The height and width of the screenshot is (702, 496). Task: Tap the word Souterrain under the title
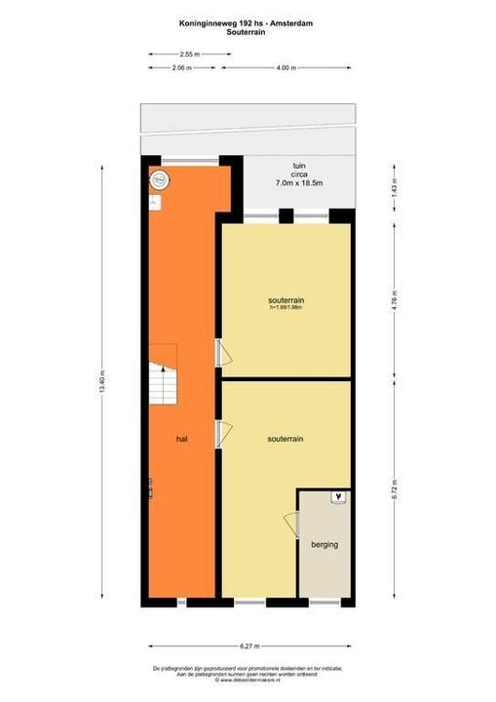[248, 31]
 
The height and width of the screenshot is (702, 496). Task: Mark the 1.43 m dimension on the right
[395, 189]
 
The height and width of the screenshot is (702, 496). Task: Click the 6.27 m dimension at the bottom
[250, 645]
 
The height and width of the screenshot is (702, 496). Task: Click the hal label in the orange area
[181, 440]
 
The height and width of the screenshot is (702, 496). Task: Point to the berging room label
[324, 544]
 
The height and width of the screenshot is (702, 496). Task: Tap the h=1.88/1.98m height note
[286, 308]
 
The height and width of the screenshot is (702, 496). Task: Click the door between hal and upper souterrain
[219, 351]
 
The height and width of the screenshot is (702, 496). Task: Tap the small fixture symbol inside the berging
[338, 498]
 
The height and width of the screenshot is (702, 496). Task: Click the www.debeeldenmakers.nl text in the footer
[248, 679]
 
